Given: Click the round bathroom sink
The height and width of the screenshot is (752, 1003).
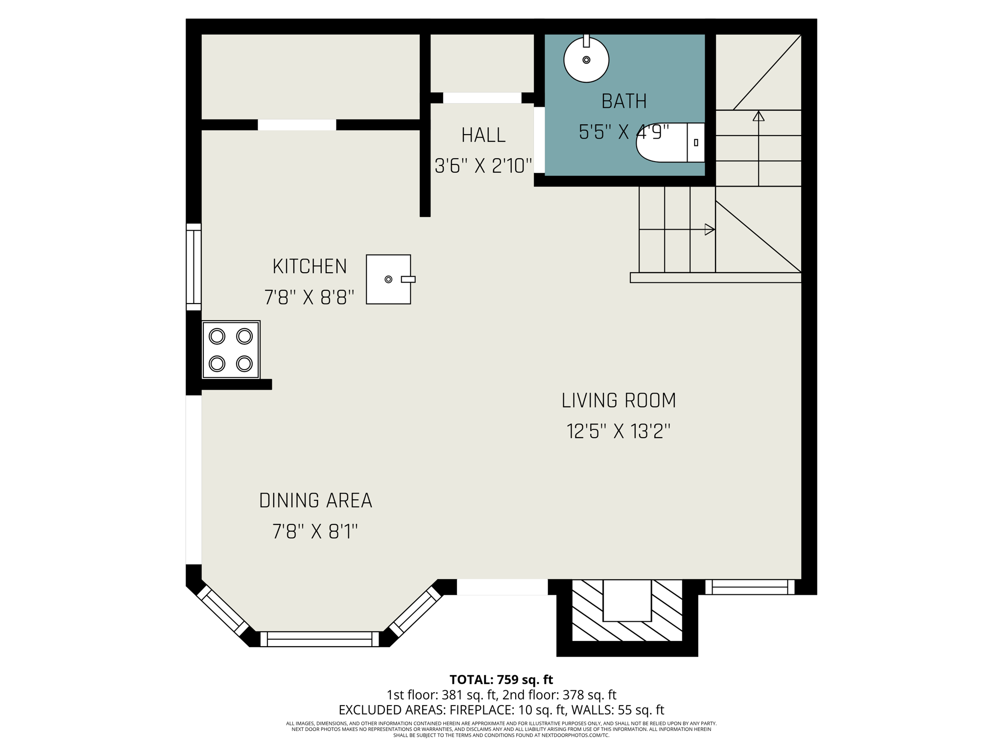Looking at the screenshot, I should coord(586,60).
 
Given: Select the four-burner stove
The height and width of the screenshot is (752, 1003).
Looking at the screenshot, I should coord(231,350).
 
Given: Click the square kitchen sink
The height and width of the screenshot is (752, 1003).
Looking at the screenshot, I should coord(388,279).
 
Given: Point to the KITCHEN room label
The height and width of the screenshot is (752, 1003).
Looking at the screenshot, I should coord(310,266).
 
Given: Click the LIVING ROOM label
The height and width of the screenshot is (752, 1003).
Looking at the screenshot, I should coord(619,400).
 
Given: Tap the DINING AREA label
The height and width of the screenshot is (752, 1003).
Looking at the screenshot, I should coord(315,500).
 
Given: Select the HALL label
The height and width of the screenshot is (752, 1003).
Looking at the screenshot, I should coord(483,135).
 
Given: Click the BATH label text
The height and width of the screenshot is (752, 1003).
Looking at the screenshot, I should coord(624,101).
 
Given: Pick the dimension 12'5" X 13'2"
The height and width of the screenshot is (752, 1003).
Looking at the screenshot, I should coord(619,431).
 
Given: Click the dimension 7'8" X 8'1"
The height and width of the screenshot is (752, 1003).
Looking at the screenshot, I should coord(315,531).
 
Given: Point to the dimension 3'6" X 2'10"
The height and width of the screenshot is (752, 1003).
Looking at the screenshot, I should coord(483,166).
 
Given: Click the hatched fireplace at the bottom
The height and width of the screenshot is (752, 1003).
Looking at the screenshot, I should coord(627,612).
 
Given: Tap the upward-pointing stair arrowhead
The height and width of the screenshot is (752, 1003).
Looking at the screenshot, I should coord(759,116).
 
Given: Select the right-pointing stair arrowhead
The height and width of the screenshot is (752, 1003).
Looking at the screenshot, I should coord(710,229).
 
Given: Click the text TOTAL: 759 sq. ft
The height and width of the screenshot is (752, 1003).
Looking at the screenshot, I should coord(501,680).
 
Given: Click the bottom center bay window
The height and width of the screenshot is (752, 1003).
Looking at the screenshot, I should coord(319,639).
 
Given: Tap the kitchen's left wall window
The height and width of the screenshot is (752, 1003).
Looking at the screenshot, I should coord(194,267).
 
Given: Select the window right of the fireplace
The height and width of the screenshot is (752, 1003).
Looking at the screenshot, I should coord(749,587).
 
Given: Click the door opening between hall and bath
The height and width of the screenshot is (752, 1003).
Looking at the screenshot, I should coord(539,140).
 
